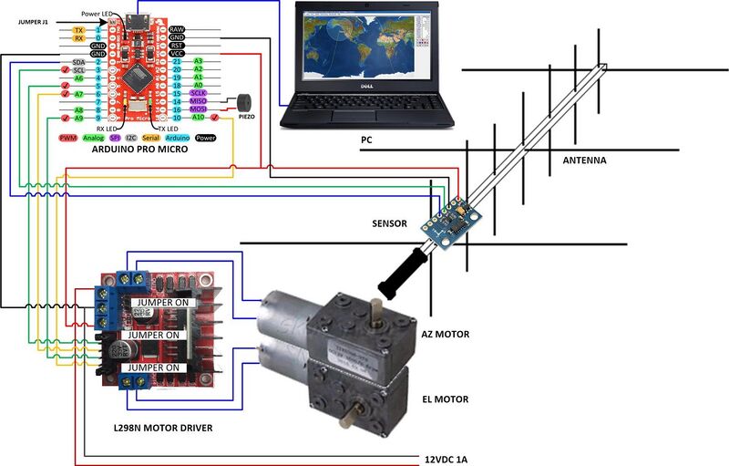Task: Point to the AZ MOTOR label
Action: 445,335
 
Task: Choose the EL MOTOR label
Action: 445,399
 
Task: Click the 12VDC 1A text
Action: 447,459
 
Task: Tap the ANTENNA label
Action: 584,161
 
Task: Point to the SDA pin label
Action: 78,62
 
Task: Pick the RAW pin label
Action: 178,30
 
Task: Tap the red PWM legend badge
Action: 67,138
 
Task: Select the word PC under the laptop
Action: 366,140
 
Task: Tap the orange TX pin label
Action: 78,30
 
